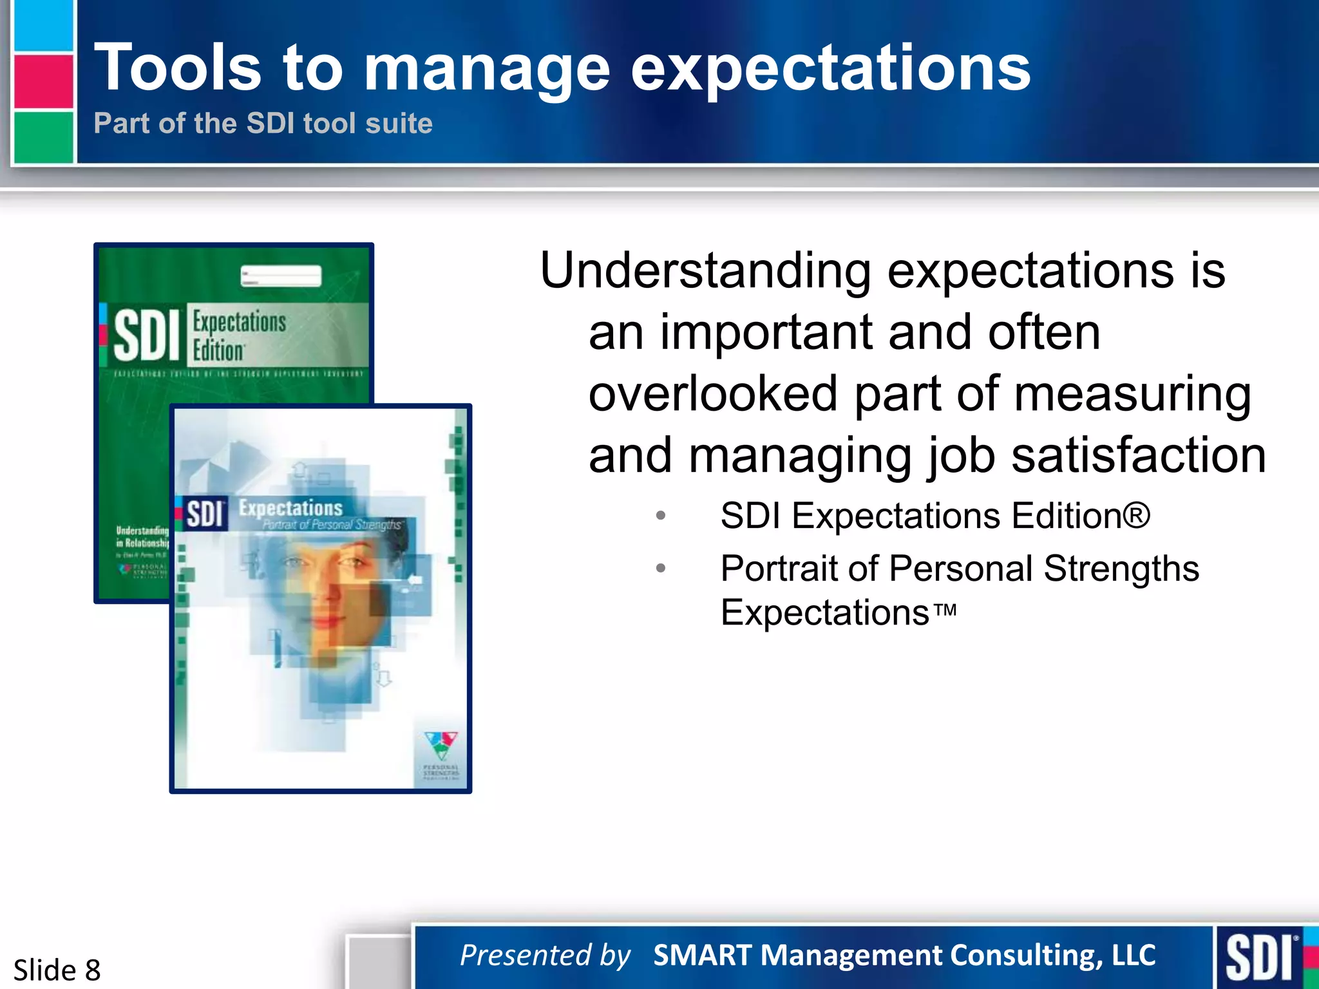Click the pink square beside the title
[43, 82]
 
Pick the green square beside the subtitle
[43, 137]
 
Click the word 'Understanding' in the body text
[705, 271]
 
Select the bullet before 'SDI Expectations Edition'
[660, 516]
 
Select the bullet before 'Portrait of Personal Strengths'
[660, 569]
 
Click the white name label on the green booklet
[281, 276]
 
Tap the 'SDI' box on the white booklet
[205, 514]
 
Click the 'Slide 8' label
[57, 970]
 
